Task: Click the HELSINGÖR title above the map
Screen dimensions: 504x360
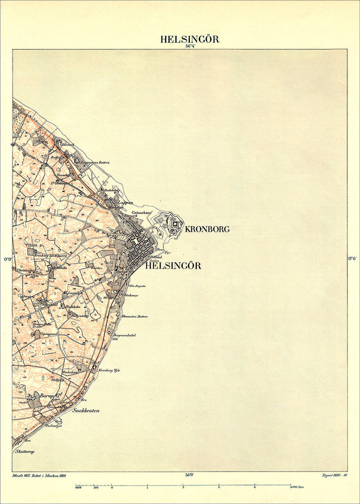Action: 190,39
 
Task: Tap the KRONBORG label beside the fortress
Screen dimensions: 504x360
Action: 207,229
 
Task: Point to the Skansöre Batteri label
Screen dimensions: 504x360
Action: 135,316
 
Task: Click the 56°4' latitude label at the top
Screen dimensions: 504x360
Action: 189,46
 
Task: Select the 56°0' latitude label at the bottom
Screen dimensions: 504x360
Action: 189,474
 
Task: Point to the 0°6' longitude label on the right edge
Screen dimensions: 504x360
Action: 353,259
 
